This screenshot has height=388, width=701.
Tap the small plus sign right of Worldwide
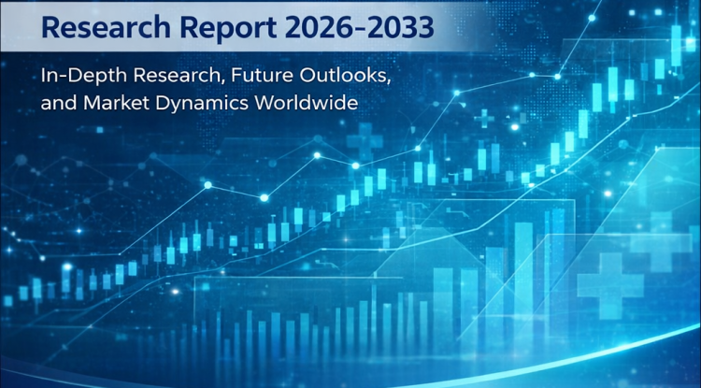(485, 118)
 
